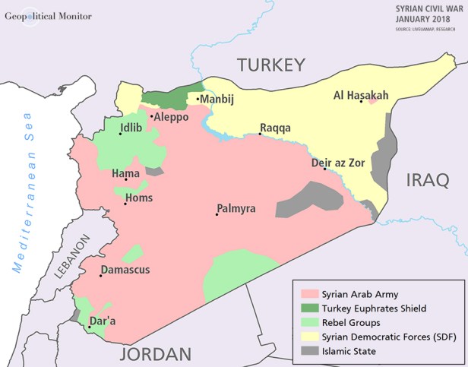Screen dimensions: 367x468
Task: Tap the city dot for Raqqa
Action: pos(261,134)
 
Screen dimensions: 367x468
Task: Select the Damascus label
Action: pos(126,270)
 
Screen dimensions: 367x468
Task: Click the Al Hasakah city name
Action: pos(361,95)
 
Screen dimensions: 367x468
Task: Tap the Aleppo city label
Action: pos(172,117)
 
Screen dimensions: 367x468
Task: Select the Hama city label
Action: pos(125,174)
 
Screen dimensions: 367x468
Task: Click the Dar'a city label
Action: pos(103,321)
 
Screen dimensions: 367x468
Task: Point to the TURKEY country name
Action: pos(270,65)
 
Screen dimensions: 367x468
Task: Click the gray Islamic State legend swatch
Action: pos(308,351)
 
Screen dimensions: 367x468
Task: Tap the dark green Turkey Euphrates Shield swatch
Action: pos(308,308)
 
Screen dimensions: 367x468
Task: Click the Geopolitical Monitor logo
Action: pos(47,15)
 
